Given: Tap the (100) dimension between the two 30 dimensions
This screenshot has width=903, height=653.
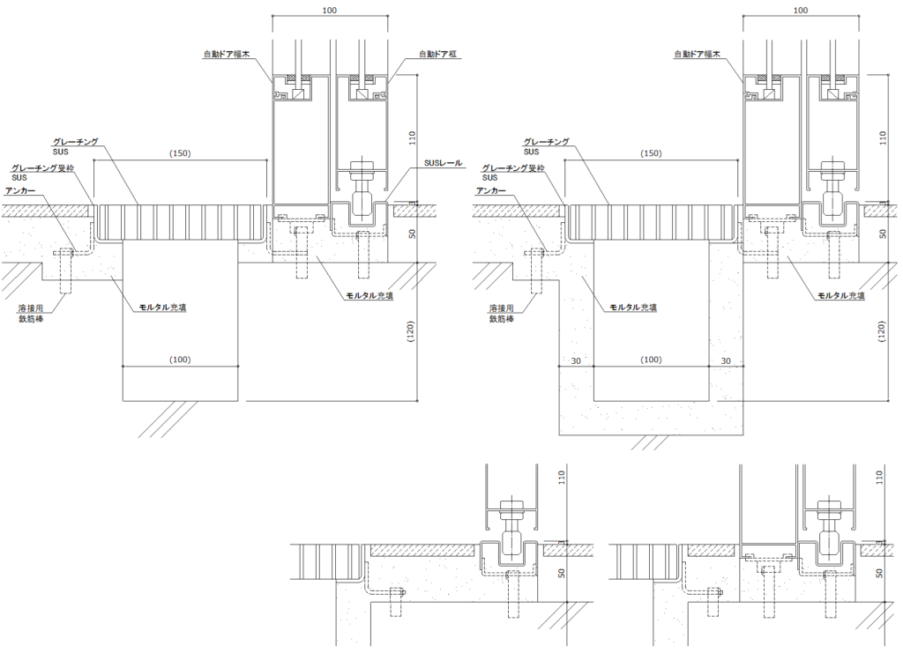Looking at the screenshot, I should (x=652, y=360).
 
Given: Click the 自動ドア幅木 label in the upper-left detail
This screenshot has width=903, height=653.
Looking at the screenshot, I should (x=228, y=55).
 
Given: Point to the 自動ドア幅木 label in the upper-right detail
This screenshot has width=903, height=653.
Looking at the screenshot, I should (x=698, y=55).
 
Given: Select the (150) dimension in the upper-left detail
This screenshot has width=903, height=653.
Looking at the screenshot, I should (x=180, y=153).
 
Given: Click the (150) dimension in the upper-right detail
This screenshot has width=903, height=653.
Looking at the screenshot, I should (x=652, y=153).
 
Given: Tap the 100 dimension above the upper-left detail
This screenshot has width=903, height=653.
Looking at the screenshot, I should (x=330, y=11).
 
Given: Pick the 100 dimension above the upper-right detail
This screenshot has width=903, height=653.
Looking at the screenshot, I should (x=801, y=11).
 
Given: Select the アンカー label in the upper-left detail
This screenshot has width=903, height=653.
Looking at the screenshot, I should (x=21, y=190).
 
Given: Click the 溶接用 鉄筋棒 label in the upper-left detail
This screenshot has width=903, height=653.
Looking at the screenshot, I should (x=34, y=314).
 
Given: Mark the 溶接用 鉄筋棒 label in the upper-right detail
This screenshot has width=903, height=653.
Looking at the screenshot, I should (x=504, y=314).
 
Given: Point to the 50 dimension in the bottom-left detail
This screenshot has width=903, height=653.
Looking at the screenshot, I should (x=562, y=573).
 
